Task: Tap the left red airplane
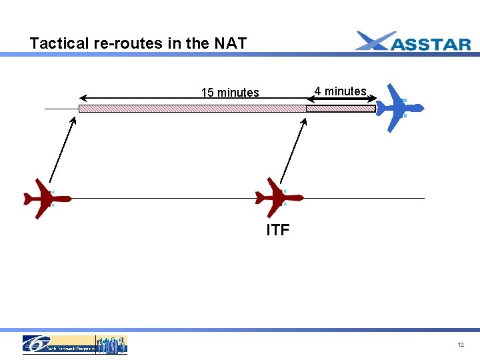(47, 198)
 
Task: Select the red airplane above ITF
(279, 197)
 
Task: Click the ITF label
(277, 231)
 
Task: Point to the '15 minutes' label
(230, 93)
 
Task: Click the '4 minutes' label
(340, 91)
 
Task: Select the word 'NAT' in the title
(230, 44)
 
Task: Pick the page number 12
(461, 345)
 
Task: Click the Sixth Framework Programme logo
(75, 344)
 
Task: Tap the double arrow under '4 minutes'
(340, 99)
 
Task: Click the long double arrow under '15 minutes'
(193, 99)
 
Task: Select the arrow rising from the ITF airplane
(293, 150)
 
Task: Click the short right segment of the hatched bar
(340, 109)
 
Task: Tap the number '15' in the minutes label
(207, 93)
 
